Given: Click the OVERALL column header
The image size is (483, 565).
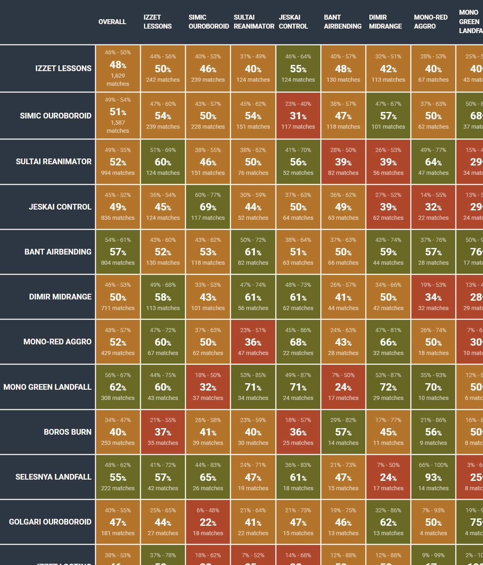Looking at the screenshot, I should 112,22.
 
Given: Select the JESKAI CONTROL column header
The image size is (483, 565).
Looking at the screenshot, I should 293,22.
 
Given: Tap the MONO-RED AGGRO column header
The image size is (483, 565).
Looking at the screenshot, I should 431,22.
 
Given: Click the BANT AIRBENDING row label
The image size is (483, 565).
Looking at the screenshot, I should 58,252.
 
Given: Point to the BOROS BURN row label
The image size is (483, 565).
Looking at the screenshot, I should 67,432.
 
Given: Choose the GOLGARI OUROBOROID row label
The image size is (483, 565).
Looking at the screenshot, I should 50,522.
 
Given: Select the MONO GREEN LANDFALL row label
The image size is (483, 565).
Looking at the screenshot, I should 47,387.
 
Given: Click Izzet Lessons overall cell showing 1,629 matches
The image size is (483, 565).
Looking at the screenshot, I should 118,68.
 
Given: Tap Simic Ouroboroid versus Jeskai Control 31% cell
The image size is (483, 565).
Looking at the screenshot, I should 298,116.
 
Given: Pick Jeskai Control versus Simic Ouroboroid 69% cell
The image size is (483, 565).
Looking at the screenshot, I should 208,207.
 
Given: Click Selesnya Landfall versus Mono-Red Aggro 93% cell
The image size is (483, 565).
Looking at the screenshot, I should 433,477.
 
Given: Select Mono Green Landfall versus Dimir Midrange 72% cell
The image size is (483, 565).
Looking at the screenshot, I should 388,387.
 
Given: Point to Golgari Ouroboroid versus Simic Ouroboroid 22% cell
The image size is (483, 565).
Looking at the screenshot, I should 208,522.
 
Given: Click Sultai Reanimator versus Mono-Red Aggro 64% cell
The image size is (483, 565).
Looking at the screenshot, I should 433,162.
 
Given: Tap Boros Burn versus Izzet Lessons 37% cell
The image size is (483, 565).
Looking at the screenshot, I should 163,432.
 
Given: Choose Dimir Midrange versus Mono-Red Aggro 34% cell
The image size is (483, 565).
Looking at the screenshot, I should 433,297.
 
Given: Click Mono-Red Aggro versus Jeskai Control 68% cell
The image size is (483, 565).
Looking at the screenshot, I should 298,342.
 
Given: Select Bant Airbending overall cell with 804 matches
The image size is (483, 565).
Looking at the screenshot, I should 118,252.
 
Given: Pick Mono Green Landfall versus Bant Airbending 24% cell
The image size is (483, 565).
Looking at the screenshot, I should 343,387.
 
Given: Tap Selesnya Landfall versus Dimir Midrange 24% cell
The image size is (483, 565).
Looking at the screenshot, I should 388,477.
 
